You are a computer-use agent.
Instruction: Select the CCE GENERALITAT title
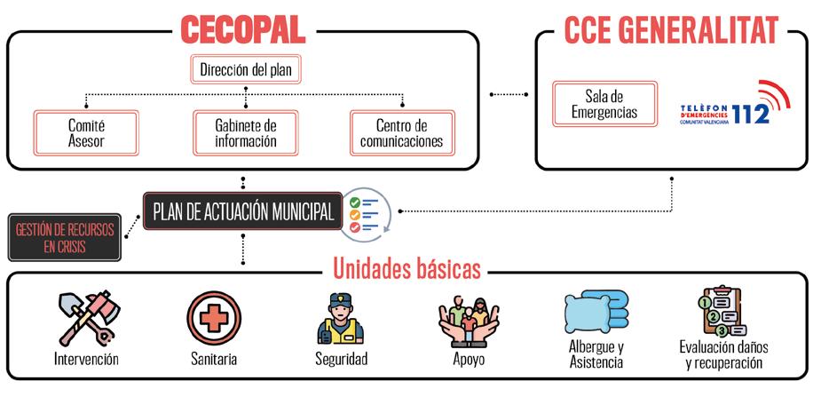671,28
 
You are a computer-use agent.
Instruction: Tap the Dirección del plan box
244,69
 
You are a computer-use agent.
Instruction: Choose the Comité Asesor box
86,133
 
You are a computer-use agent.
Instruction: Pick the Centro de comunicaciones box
402,133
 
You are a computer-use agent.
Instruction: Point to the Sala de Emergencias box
604,104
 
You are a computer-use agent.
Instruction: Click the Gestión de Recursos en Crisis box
65,237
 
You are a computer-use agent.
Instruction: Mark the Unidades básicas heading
407,268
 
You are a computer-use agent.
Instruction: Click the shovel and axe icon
85,319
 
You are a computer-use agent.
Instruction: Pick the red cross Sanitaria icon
214,318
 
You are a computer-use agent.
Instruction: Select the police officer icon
341,319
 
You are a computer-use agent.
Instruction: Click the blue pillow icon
595,314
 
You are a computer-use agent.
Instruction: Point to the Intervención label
86,359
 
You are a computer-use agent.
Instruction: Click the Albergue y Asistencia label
596,354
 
